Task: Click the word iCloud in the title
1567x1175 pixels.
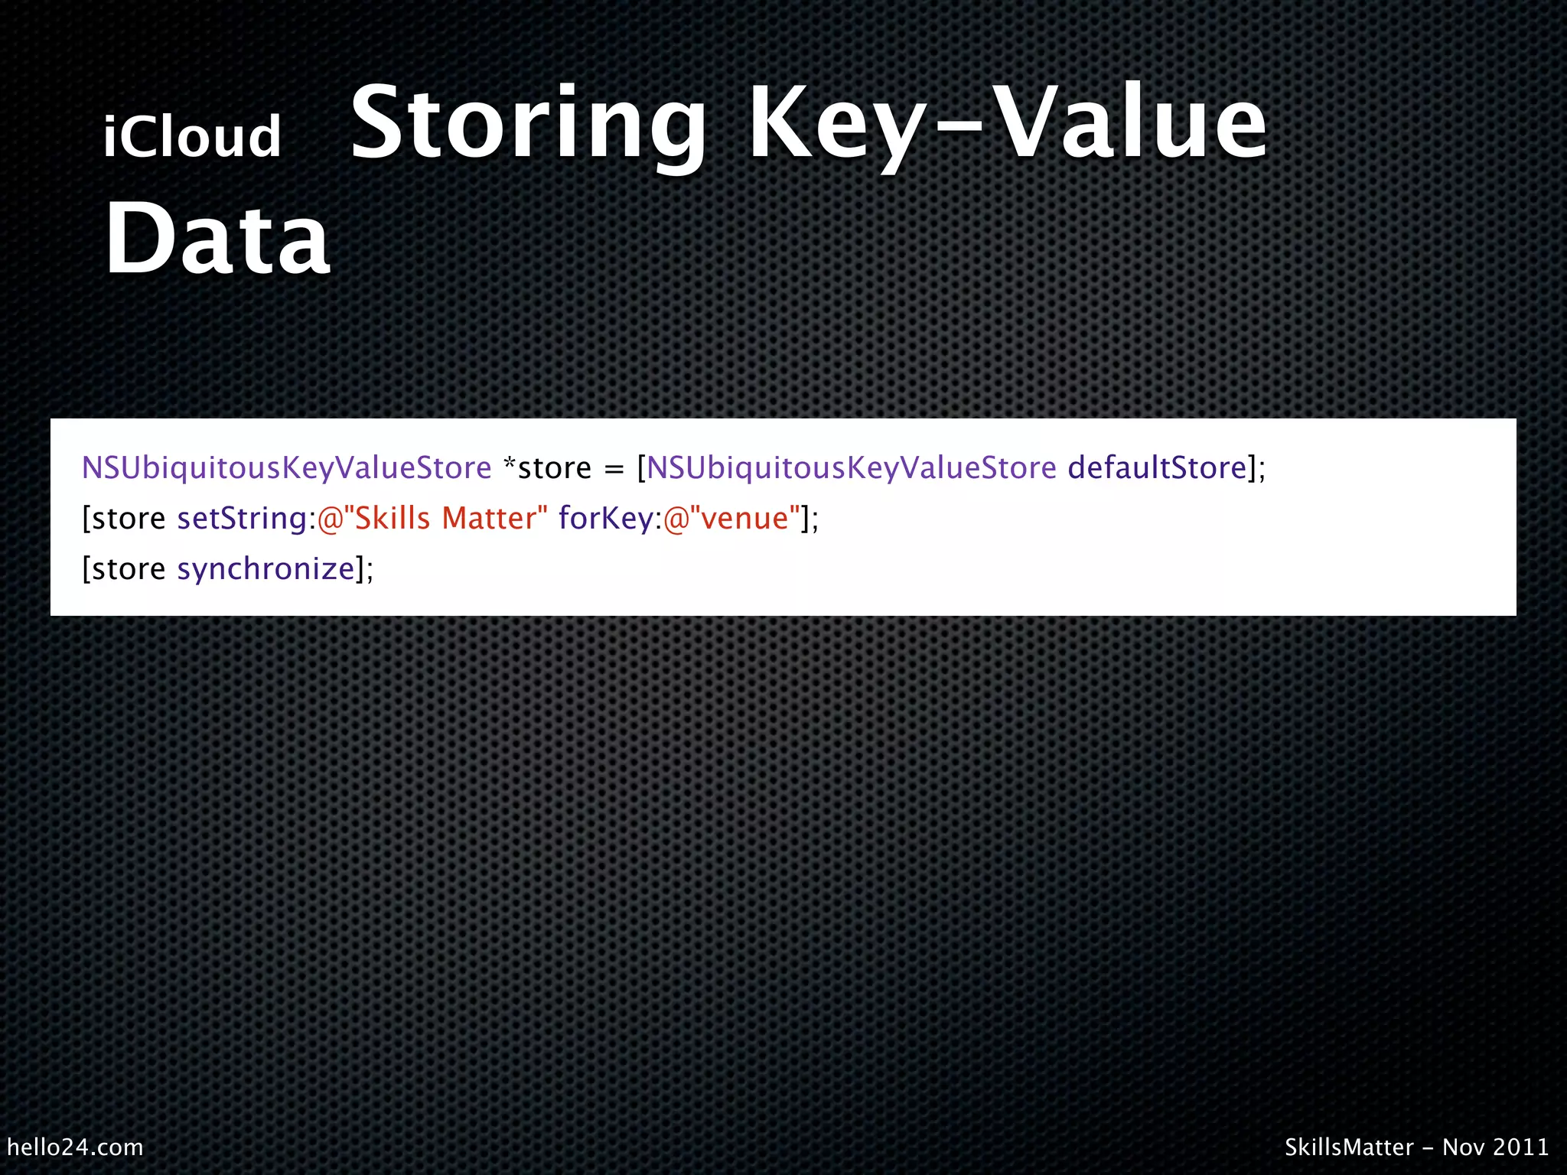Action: point(192,137)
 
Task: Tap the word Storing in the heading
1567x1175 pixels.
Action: point(528,124)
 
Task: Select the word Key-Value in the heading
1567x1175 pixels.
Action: point(1007,124)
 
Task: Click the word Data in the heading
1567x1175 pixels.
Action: point(217,239)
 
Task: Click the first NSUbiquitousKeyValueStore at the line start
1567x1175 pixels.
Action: point(286,468)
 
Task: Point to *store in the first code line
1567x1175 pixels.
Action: point(547,468)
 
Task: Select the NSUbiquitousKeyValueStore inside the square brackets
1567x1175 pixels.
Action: point(851,468)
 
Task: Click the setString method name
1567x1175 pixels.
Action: point(242,519)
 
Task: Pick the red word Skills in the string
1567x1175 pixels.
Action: point(393,519)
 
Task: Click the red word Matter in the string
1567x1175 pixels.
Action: point(490,519)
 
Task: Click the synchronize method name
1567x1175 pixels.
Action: point(266,569)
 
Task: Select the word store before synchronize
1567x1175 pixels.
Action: point(129,569)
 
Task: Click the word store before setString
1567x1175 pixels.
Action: point(129,519)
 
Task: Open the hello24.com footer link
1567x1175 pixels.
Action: point(75,1147)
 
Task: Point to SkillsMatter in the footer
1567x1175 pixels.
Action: point(1349,1147)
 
